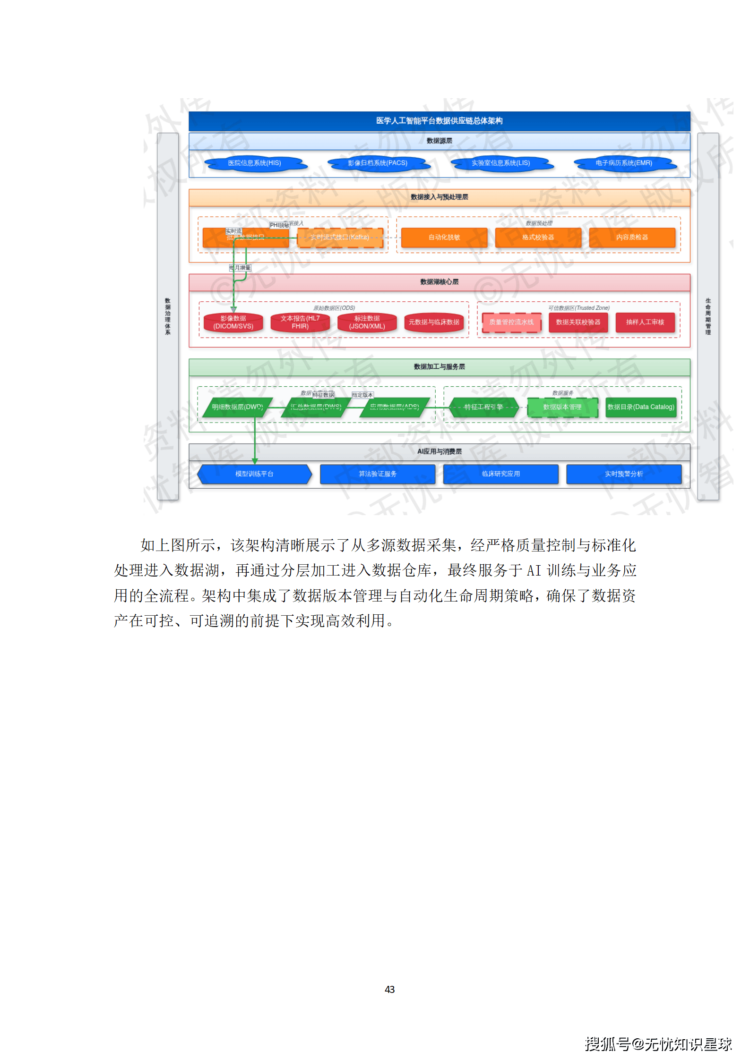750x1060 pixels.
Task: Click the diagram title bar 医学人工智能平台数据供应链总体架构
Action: (439, 121)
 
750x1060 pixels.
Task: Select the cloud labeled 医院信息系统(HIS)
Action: (255, 163)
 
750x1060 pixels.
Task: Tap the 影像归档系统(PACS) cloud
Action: (378, 163)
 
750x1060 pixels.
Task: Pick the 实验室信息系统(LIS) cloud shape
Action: (500, 163)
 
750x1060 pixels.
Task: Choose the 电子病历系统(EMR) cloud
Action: (624, 163)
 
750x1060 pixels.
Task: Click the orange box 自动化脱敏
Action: (444, 237)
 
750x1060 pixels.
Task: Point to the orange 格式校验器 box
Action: (538, 237)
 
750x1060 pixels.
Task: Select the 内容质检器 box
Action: (632, 237)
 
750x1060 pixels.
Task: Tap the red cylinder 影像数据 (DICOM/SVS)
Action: (233, 322)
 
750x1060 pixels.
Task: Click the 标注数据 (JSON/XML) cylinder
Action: (367, 322)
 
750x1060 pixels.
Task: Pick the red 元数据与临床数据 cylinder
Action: (434, 322)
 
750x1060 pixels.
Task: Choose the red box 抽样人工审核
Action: (645, 322)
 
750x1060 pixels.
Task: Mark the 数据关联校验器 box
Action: (578, 322)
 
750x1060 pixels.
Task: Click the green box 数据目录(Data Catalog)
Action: (640, 407)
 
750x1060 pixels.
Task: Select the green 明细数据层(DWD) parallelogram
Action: (237, 407)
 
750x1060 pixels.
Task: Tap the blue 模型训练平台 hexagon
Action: (254, 474)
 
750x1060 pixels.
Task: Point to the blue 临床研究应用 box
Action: (500, 474)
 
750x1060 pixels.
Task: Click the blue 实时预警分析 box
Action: (624, 474)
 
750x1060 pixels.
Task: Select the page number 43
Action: (389, 989)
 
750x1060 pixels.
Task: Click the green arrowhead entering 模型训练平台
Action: (255, 461)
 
